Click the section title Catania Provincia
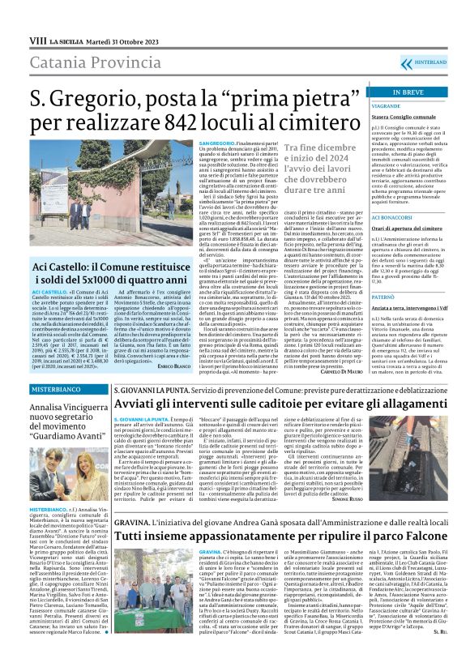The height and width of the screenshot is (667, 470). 89,62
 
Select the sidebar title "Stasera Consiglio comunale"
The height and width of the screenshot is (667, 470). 406,118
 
